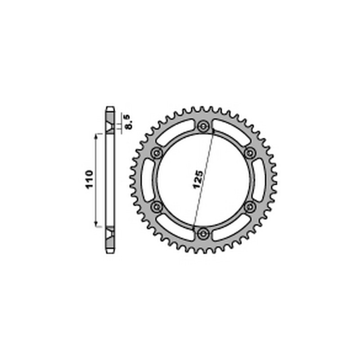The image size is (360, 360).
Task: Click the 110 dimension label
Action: click(x=89, y=179)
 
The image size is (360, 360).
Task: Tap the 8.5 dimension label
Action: click(x=129, y=122)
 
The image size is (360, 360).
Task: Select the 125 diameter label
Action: click(x=198, y=179)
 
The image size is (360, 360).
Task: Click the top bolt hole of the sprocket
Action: click(x=203, y=126)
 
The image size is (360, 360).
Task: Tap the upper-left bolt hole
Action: click(x=157, y=153)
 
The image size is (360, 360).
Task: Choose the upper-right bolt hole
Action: click(x=250, y=153)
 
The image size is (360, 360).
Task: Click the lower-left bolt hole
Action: click(x=157, y=207)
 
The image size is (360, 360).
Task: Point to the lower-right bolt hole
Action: click(x=250, y=207)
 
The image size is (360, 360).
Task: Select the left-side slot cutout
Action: click(x=148, y=180)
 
